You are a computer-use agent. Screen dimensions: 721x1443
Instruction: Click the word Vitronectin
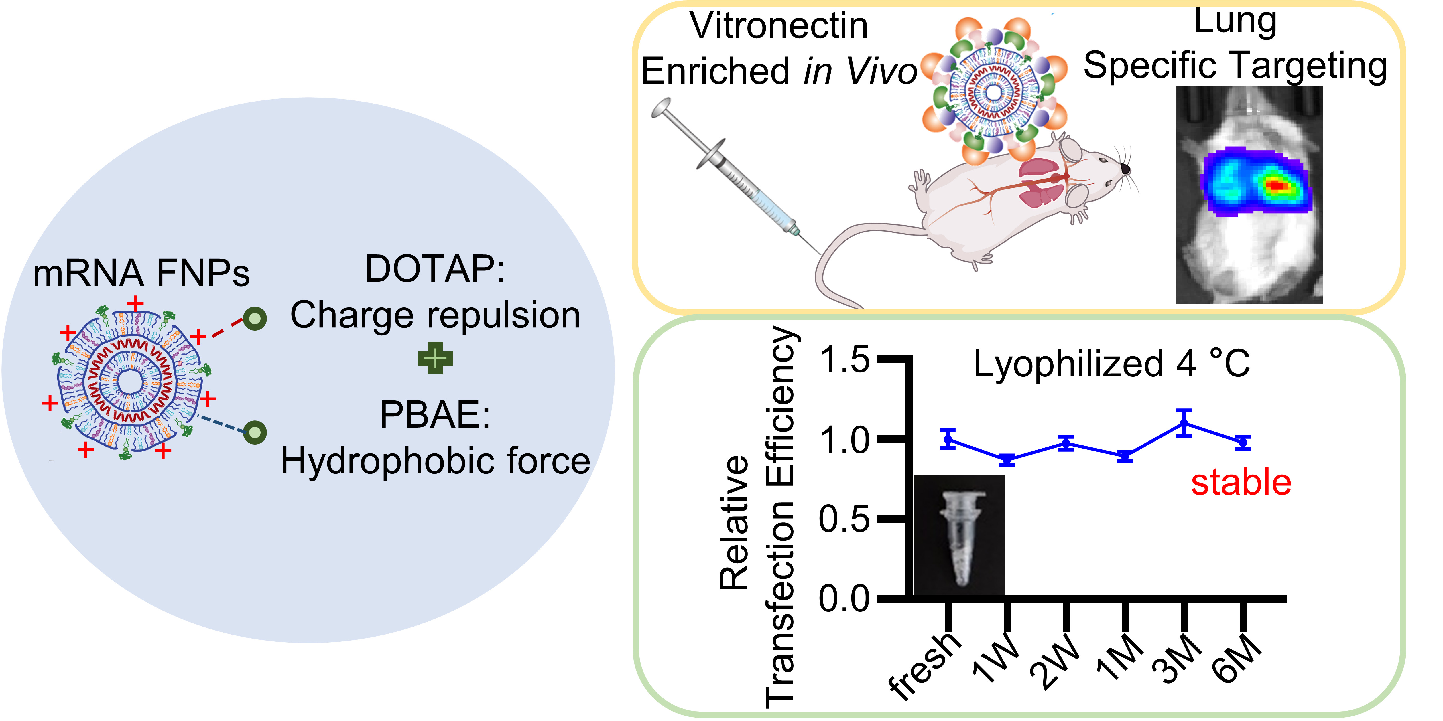(x=779, y=26)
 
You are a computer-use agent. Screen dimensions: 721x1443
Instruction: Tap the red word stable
(x=1241, y=483)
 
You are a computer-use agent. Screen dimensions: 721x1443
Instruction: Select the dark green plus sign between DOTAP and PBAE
(x=435, y=359)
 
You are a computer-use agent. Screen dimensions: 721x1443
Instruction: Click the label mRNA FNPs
(x=141, y=274)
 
